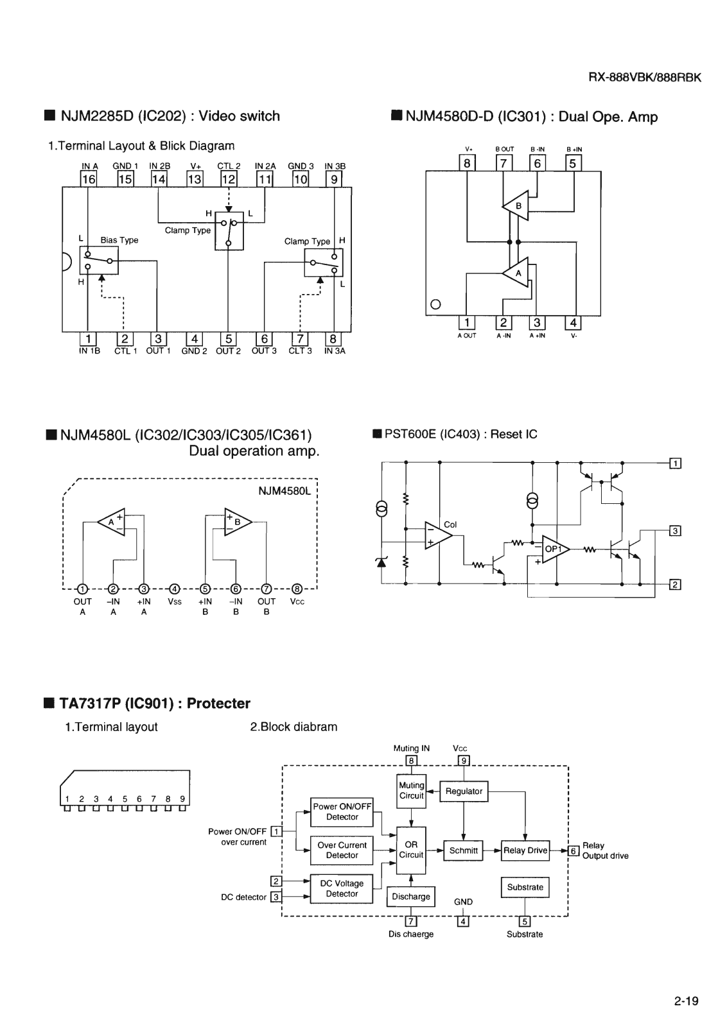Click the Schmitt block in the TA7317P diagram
point(463,850)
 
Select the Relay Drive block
point(525,850)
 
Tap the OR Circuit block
point(411,850)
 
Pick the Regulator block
point(464,791)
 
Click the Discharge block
point(411,897)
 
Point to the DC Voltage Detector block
point(342,888)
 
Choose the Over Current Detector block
point(342,850)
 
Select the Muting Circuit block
point(411,790)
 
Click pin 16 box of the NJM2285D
point(88,179)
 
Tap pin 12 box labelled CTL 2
point(229,179)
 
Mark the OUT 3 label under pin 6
point(264,351)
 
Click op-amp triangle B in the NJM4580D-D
point(516,205)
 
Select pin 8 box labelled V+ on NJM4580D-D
point(468,163)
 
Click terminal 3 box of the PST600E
point(675,531)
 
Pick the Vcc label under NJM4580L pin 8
point(297,601)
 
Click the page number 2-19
point(686,1001)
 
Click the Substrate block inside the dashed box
point(525,887)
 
